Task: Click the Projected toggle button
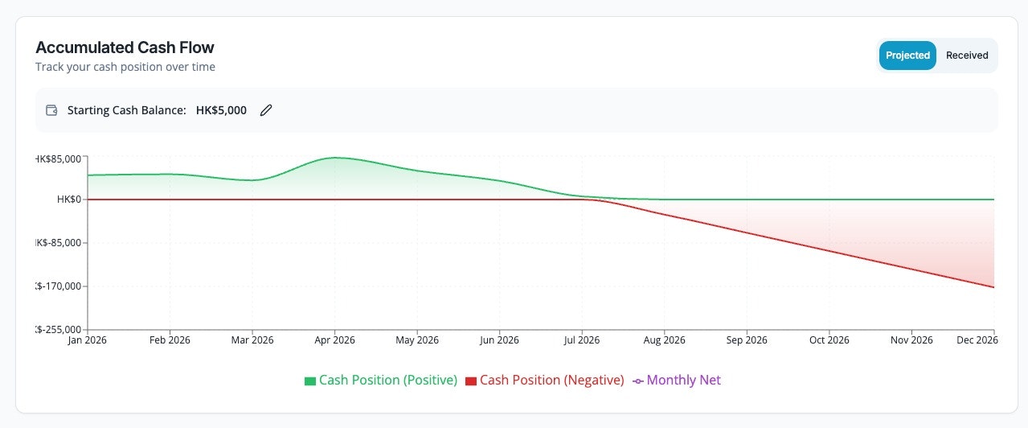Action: click(907, 56)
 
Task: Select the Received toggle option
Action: click(967, 56)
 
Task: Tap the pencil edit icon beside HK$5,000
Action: click(266, 110)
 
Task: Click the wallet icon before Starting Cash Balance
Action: click(52, 110)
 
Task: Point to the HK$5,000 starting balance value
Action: click(221, 110)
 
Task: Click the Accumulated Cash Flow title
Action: click(125, 47)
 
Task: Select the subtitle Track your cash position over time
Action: click(125, 67)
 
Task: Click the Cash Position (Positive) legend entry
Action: click(380, 380)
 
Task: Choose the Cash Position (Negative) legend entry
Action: click(544, 380)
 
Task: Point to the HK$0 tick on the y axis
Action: click(70, 200)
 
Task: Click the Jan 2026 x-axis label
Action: click(87, 340)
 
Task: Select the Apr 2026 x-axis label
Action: click(334, 340)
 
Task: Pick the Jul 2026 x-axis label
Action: click(582, 340)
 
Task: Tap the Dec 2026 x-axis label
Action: click(977, 340)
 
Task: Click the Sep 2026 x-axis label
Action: click(747, 340)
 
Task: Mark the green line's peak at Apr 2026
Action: click(335, 158)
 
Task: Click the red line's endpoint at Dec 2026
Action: click(994, 287)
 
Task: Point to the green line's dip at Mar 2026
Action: click(252, 180)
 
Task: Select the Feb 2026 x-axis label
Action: click(170, 340)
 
